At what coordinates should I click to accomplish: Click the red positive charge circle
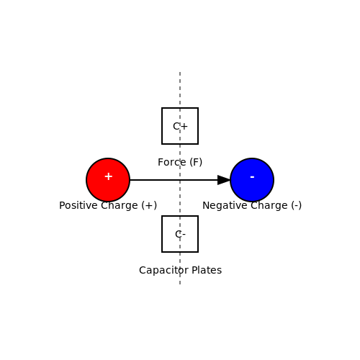tap(108, 180)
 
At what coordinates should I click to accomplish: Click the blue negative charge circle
tap(252, 180)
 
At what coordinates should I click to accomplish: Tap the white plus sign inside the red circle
tap(109, 176)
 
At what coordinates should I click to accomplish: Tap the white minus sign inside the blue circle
tap(252, 177)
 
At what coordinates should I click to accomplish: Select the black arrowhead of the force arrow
tap(224, 180)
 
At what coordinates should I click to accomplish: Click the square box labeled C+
tap(180, 126)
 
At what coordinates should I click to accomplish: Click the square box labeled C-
tap(180, 234)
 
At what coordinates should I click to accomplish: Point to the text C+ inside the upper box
tap(180, 126)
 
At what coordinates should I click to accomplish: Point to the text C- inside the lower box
tap(180, 234)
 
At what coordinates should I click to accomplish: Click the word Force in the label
tap(172, 162)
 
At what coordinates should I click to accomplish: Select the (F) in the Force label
tap(196, 163)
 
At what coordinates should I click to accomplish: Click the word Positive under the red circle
tap(78, 205)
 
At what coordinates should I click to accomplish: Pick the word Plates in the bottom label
tap(207, 270)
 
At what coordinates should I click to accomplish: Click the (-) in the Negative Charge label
tap(297, 206)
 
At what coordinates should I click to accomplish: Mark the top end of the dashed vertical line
tap(180, 72)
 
